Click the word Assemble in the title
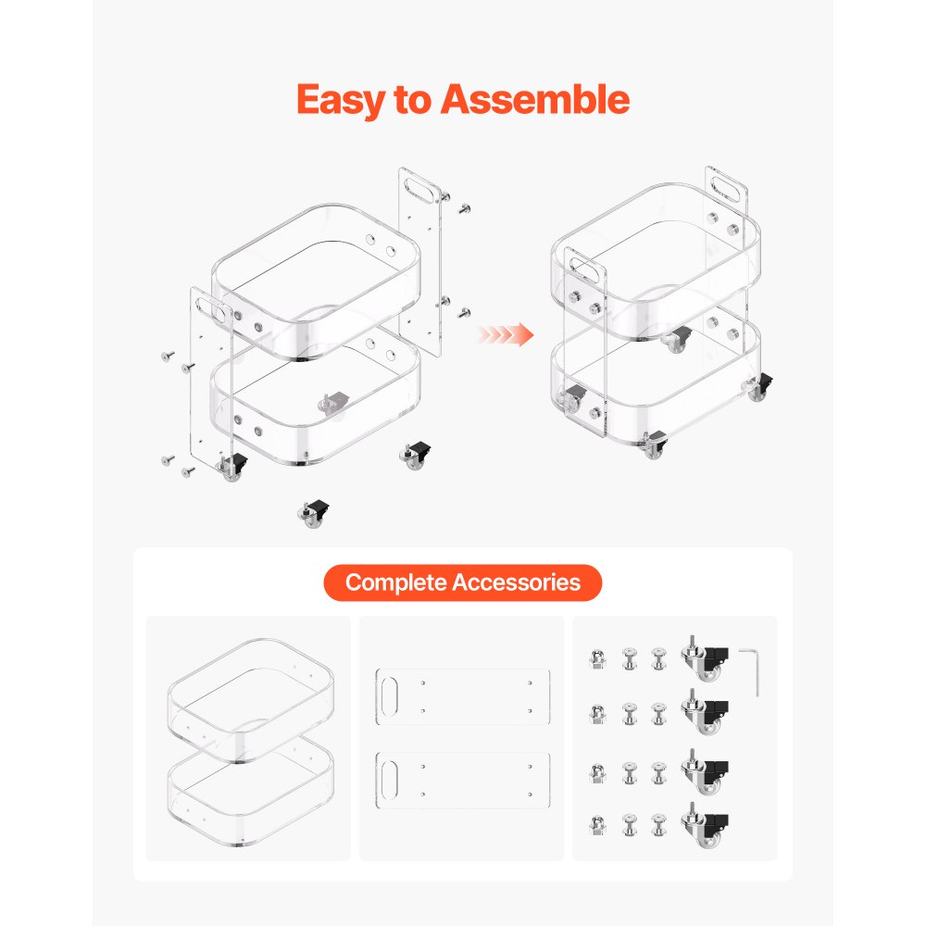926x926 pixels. click(x=535, y=99)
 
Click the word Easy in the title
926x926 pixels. click(x=341, y=100)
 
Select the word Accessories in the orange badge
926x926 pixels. click(x=517, y=582)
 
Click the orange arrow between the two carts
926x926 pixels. click(x=505, y=335)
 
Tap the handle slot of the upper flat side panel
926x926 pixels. click(x=390, y=697)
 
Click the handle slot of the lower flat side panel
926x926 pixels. click(x=390, y=780)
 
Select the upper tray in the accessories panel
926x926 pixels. click(x=250, y=700)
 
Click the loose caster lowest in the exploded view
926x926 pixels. click(x=313, y=513)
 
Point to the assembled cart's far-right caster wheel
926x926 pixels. click(x=757, y=387)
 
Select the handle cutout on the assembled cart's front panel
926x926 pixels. click(x=585, y=270)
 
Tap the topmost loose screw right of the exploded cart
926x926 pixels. click(x=465, y=207)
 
